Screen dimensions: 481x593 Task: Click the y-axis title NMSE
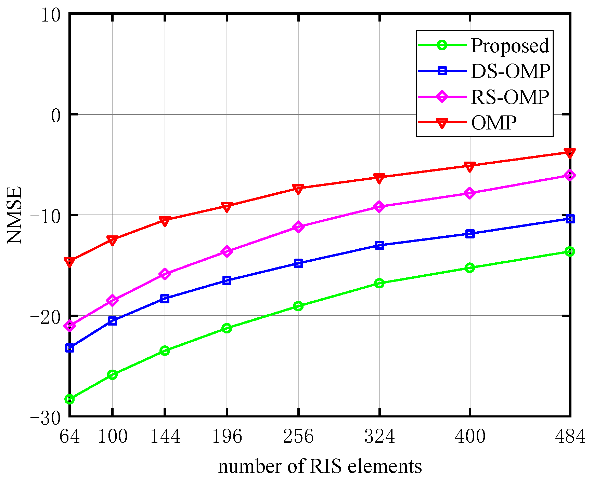point(14,215)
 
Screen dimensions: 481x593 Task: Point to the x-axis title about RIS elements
point(320,467)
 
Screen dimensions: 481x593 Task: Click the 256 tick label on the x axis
point(298,437)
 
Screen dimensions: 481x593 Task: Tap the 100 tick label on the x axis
point(113,437)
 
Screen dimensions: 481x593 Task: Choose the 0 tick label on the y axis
point(55,115)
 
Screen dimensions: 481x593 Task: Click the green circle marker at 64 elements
point(70,399)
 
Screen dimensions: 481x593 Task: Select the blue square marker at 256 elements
point(298,263)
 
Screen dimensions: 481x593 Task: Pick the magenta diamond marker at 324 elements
point(379,207)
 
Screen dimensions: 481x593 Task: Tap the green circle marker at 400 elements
point(470,268)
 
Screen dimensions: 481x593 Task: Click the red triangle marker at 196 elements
point(227,207)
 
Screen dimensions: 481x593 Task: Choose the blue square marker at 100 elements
point(113,321)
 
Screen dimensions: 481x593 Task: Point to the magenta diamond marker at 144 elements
point(165,274)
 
